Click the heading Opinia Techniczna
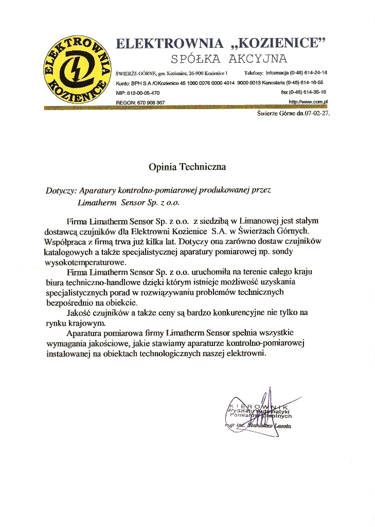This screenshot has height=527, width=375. (x=187, y=167)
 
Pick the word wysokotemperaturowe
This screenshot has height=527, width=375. (x=85, y=262)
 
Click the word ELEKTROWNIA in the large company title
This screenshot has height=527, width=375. (x=170, y=43)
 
